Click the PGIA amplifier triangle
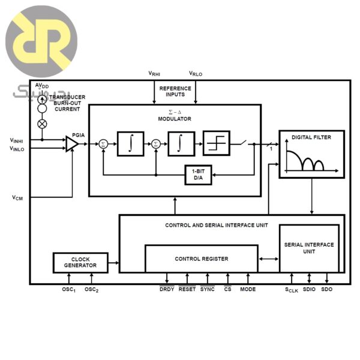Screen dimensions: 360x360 coord(72,143)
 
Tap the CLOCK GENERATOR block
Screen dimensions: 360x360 coord(80,262)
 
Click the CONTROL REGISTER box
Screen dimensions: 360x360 coord(201,259)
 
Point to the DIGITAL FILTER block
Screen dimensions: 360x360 coord(312,154)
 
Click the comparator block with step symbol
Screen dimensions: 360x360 coord(216,143)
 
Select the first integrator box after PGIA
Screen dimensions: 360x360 coord(130,143)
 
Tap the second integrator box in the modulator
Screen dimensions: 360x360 coord(181,143)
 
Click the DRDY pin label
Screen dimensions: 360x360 coord(167,290)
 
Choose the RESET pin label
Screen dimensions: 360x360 coord(187,290)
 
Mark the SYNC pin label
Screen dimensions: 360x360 coord(208,290)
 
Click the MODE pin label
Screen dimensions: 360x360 coord(248,290)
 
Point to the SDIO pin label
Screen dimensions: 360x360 coord(309,290)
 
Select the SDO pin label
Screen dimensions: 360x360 coord(326,290)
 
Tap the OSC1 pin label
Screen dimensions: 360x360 coord(69,290)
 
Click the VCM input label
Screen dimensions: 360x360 coord(17,197)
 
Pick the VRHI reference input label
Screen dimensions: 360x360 coord(154,74)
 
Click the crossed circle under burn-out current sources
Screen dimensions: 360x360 coord(42,124)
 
